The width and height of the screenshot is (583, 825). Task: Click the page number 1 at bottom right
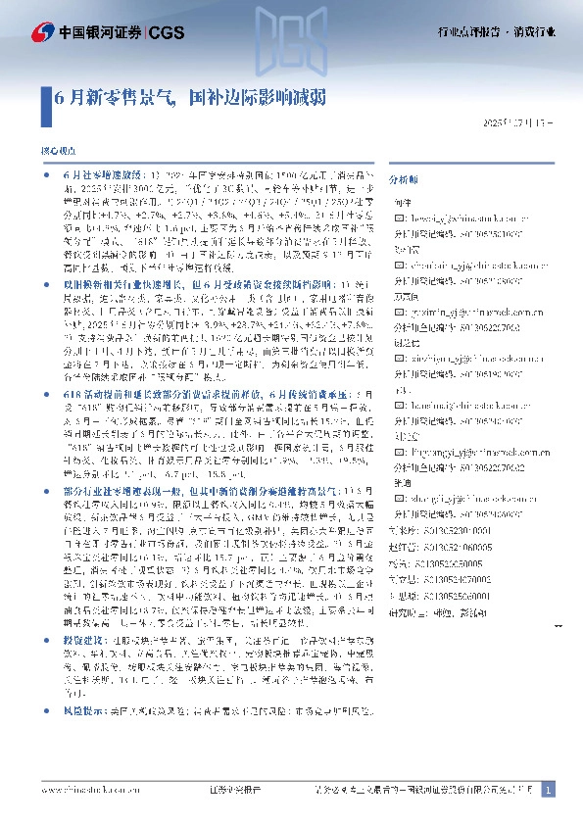(x=548, y=790)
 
